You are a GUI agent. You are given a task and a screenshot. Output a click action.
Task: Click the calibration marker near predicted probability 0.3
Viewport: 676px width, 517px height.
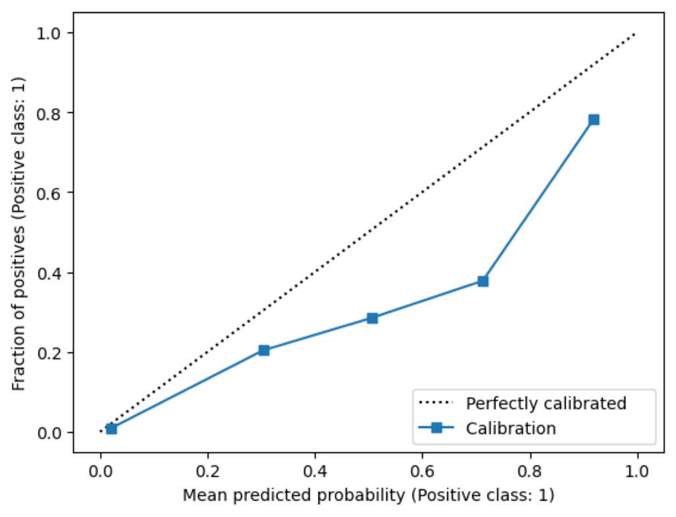coord(264,350)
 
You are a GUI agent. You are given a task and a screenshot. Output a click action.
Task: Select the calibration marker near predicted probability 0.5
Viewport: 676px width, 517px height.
coord(373,318)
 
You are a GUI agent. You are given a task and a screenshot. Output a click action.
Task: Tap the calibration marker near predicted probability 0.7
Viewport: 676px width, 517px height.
coord(483,281)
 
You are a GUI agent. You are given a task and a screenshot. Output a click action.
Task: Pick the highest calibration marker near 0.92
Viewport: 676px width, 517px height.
coord(594,119)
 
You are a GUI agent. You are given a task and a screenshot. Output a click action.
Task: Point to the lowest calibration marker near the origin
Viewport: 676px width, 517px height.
coord(111,429)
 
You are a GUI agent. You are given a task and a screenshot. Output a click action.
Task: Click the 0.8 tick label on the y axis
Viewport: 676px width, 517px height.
coord(49,114)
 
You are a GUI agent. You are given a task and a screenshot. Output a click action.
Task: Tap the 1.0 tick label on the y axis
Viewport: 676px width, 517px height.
coord(49,34)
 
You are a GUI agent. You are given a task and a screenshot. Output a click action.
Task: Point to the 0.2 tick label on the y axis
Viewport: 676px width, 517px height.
coord(49,354)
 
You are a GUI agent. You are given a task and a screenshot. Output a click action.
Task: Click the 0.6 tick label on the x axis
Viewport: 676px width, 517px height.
coord(423,471)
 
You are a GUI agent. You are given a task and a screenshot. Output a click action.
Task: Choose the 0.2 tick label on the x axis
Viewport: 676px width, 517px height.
coord(208,471)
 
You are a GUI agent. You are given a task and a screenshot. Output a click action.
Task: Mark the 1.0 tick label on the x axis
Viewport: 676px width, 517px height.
coord(637,471)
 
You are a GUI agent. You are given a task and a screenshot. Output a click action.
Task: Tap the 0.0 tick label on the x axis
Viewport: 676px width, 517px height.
coord(101,471)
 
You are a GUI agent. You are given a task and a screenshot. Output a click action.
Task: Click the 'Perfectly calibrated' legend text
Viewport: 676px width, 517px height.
coord(546,404)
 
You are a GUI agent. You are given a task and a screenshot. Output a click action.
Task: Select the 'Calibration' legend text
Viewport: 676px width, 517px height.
coord(511,428)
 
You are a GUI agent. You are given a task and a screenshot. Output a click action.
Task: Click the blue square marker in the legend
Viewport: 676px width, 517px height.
coord(436,427)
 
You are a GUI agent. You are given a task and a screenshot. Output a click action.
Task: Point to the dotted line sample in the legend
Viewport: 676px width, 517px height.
coord(436,403)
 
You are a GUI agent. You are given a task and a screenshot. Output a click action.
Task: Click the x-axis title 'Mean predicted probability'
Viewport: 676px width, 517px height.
coord(294,495)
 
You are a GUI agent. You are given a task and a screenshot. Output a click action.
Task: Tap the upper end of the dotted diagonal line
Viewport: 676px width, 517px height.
coord(635,34)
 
